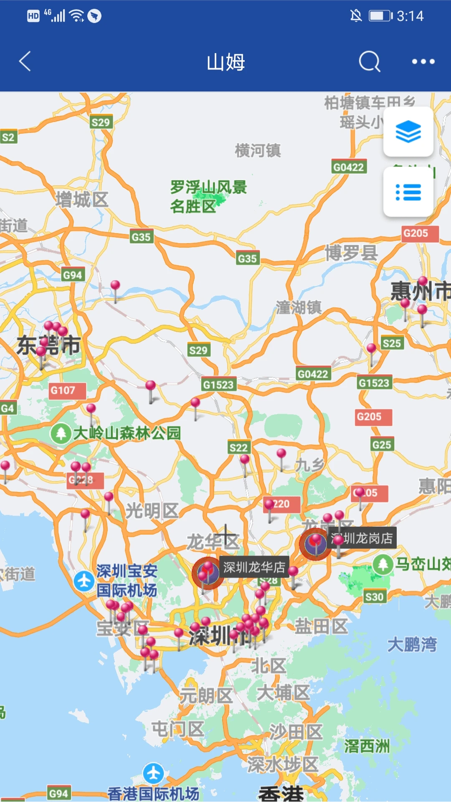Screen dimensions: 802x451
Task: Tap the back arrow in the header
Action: pos(25,61)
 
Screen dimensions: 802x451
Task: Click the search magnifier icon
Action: pos(370,61)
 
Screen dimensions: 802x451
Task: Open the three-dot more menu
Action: pos(423,61)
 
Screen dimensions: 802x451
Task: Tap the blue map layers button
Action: pos(408,132)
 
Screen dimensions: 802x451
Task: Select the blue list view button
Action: pos(408,192)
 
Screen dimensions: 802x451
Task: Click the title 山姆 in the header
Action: pos(225,62)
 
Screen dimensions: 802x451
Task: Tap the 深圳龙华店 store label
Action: pos(254,567)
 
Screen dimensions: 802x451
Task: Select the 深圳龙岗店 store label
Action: pos(362,538)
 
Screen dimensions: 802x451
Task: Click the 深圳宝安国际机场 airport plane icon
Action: pos(84,581)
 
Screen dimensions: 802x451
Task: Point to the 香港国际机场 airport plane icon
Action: pos(153,773)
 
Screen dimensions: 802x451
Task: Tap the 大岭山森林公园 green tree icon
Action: pos(61,433)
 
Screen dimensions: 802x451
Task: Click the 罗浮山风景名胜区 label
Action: pos(208,196)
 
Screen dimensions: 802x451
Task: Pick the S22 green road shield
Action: pos(239,448)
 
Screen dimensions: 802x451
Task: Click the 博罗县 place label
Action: pos(351,253)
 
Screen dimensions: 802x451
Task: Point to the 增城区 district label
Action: pos(82,200)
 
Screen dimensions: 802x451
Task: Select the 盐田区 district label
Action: pos(321,626)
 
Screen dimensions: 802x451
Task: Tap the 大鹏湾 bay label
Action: pos(412,644)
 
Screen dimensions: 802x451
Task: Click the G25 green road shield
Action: pos(382,444)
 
